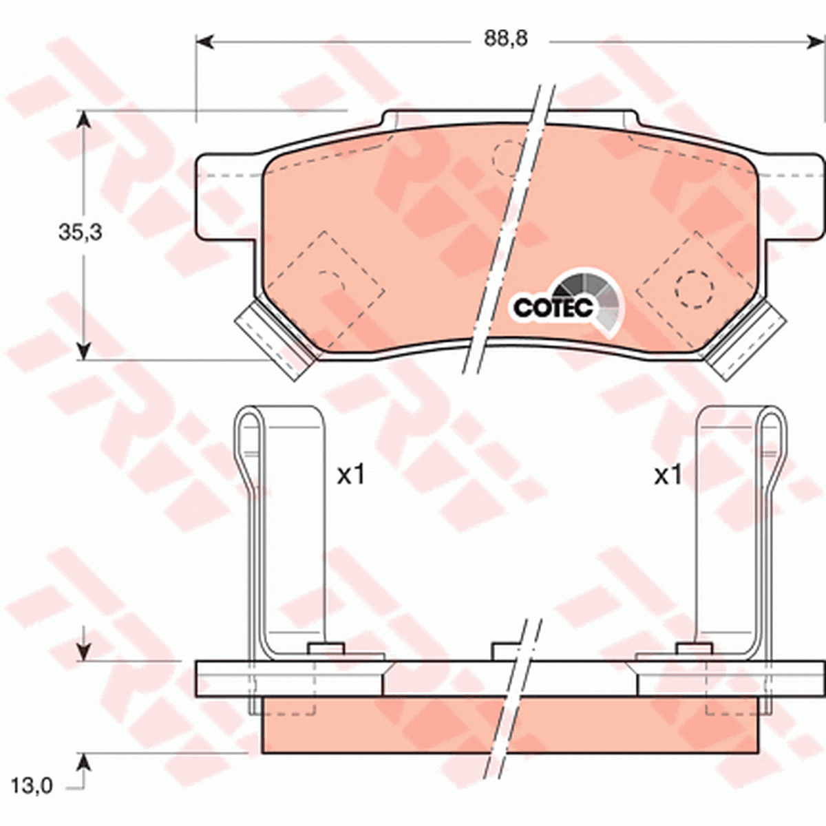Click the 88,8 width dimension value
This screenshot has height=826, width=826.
coord(506,39)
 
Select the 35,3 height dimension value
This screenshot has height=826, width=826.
coord(80,233)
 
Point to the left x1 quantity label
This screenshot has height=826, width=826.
coord(350,476)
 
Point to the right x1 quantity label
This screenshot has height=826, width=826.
coord(668,476)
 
